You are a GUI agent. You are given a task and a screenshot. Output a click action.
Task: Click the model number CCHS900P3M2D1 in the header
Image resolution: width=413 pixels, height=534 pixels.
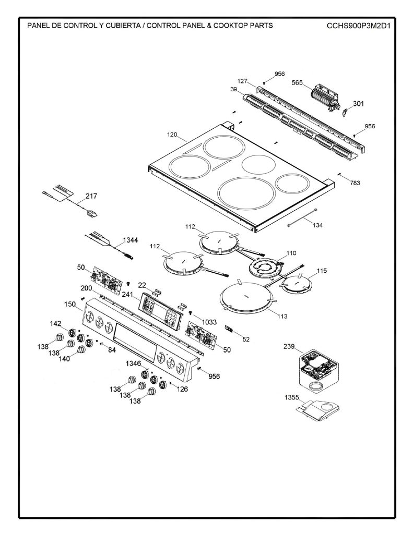tap(358, 26)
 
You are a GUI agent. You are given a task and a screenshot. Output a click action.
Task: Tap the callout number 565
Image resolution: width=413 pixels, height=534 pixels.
tap(297, 82)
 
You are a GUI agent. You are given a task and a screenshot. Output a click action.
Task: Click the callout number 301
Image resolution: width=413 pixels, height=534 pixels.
tap(358, 103)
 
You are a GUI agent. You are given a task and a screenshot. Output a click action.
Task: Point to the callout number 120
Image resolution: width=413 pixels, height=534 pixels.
tap(172, 135)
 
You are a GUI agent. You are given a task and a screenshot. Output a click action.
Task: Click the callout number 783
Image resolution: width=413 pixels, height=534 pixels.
tap(355, 183)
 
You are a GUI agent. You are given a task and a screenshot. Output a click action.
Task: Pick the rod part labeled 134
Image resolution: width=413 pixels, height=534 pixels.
tap(302, 216)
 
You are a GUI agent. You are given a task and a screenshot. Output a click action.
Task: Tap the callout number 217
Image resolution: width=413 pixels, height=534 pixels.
tap(91, 196)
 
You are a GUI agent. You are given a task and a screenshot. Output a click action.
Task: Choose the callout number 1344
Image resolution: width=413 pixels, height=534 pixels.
tap(131, 240)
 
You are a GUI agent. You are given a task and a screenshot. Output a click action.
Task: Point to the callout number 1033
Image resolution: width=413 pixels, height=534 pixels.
tap(209, 322)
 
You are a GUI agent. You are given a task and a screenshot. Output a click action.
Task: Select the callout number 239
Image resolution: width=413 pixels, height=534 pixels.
tap(289, 346)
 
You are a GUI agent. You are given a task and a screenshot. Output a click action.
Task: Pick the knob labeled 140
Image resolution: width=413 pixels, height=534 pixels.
tap(82, 350)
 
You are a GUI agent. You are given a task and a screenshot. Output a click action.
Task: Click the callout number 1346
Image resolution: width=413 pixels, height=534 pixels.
tap(133, 363)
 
